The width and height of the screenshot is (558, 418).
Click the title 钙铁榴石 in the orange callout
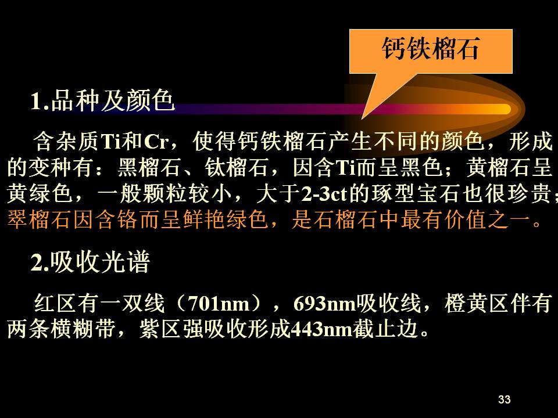(x=431, y=49)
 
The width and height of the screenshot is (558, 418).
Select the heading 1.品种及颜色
(x=102, y=100)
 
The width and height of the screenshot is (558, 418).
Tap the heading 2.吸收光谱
(x=90, y=262)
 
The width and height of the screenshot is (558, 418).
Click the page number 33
(x=505, y=399)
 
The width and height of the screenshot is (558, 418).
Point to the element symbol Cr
(x=156, y=142)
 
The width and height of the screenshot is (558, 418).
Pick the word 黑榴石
(x=149, y=167)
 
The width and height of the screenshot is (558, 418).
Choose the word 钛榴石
(x=237, y=167)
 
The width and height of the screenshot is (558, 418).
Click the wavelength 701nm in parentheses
(x=219, y=304)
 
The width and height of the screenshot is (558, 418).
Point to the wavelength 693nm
(x=324, y=304)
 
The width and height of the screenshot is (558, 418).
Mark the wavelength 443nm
(x=321, y=329)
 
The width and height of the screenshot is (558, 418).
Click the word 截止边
(x=385, y=329)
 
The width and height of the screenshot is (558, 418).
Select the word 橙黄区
(x=477, y=304)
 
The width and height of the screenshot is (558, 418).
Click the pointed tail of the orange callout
(x=362, y=118)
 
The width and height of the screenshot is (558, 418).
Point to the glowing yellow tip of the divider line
(x=505, y=109)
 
